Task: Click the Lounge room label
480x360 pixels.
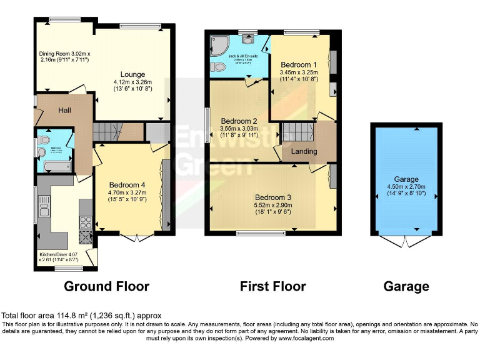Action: point(133,75)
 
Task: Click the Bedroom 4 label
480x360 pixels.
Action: point(127,185)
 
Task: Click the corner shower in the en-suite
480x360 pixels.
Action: point(220,44)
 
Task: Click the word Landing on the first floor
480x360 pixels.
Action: point(304,151)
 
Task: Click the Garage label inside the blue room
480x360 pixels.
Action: point(406,179)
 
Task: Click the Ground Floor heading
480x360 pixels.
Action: point(107,287)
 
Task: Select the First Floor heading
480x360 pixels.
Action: point(273,287)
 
